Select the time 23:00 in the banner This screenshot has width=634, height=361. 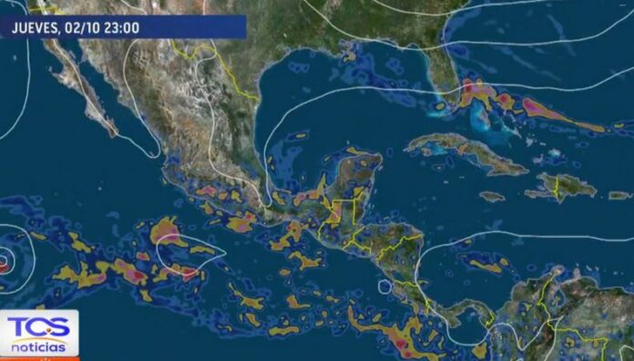point(122,27)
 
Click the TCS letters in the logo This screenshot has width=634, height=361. point(39,328)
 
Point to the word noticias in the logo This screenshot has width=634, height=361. point(39,346)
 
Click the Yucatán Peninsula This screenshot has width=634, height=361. point(352,178)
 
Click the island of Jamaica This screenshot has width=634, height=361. point(491,196)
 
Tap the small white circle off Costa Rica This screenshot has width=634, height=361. point(384,287)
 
